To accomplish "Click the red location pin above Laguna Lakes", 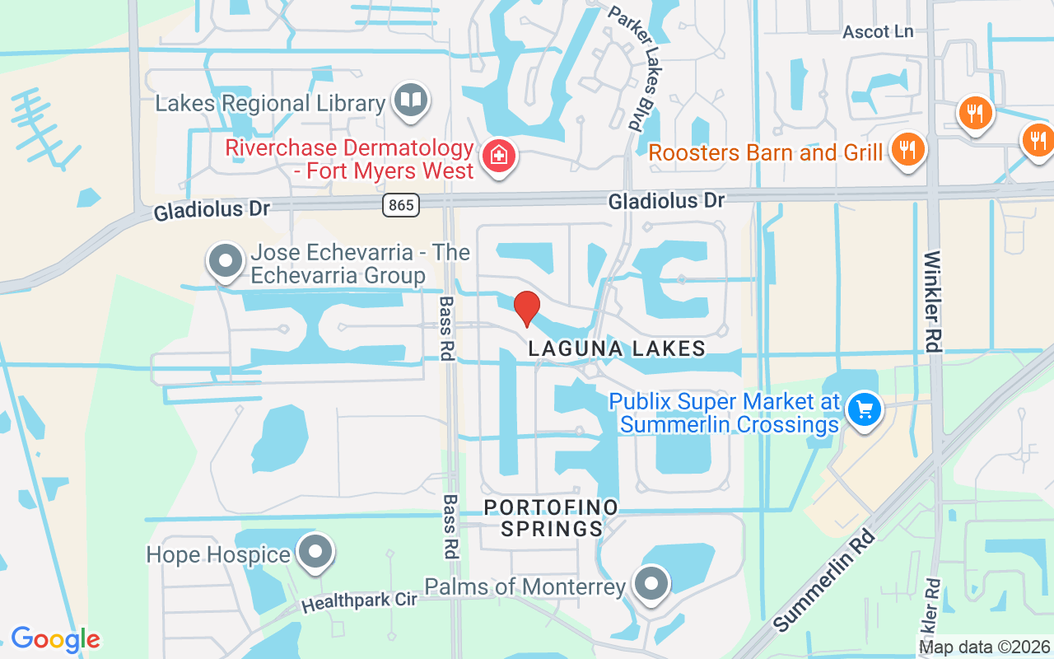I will (527, 308).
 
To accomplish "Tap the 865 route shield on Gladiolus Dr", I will (401, 205).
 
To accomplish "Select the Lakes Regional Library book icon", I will (410, 100).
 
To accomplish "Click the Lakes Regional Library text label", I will (270, 104).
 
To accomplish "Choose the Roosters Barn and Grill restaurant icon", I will (907, 150).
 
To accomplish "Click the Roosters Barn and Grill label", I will (766, 152).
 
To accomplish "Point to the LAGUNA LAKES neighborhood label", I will (617, 348).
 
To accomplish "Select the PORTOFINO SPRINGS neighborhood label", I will (551, 517).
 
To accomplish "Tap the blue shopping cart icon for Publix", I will (865, 409).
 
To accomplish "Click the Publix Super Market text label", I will (725, 413).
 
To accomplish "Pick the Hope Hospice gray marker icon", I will (315, 552).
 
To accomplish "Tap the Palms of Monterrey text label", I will (525, 587).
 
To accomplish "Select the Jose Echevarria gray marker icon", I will (225, 261).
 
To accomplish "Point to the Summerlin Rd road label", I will (824, 581).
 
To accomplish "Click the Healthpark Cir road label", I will (359, 601).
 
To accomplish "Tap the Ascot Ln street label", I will (878, 31).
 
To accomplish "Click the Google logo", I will (55, 639).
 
